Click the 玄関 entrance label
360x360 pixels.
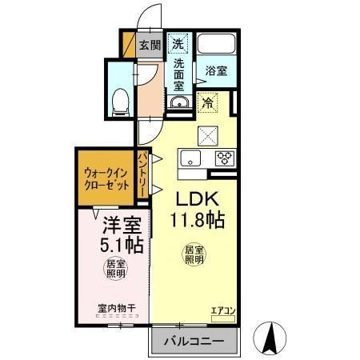[x=150, y=46]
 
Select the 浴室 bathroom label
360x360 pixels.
[x=216, y=70]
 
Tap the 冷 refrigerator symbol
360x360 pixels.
[x=208, y=102]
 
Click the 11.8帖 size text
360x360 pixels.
[x=196, y=218]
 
